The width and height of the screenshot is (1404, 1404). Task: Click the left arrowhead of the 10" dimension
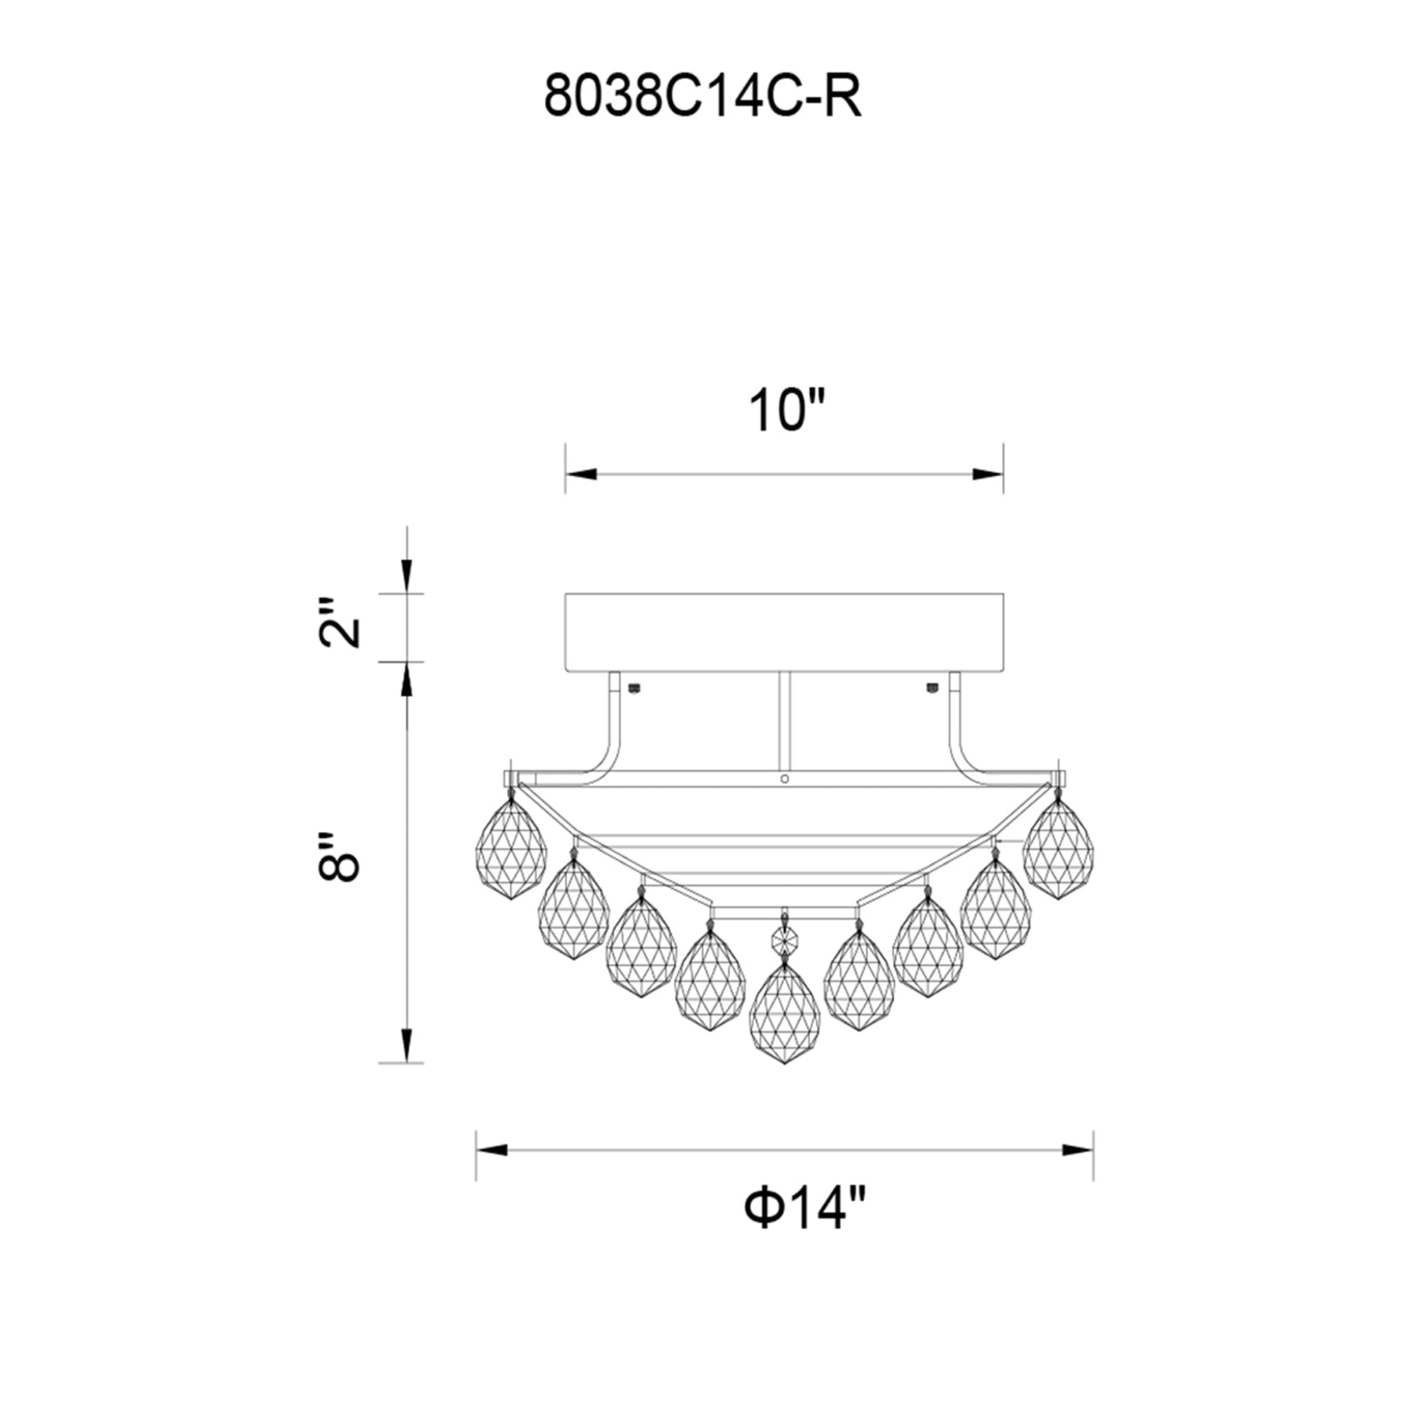(x=581, y=475)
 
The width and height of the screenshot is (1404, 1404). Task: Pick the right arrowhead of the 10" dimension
(x=988, y=475)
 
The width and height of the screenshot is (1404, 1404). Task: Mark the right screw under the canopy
(x=931, y=687)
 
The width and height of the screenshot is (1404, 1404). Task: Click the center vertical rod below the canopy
(x=784, y=720)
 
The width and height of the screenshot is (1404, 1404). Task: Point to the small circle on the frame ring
(x=784, y=779)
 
